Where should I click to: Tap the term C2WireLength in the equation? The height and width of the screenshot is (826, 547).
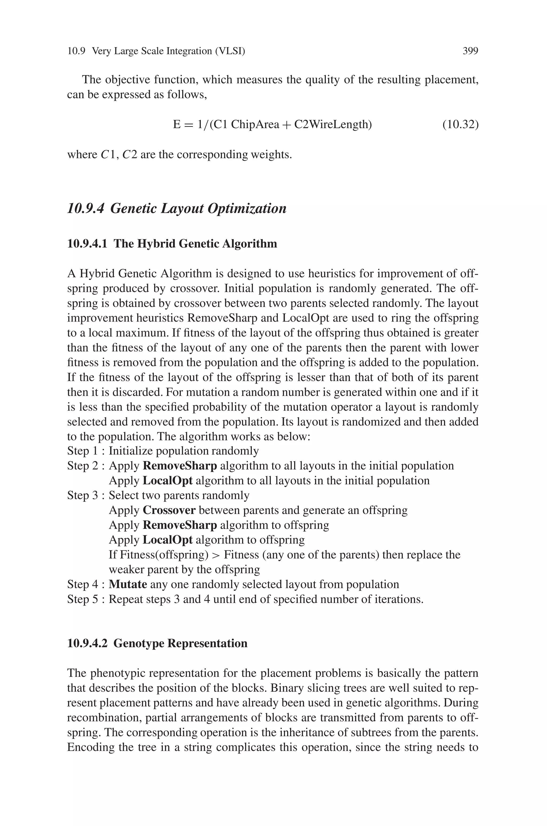tap(333, 124)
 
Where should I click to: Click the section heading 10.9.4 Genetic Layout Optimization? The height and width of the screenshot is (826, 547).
tap(177, 209)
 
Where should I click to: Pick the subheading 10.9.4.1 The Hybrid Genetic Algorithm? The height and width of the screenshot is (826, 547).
tap(172, 243)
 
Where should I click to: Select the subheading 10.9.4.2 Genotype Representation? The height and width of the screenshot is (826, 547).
tap(157, 643)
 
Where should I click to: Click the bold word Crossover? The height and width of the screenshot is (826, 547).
tap(169, 510)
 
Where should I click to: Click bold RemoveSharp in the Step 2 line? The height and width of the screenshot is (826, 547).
tap(180, 466)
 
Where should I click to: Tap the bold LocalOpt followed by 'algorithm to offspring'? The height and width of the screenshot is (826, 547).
tap(168, 540)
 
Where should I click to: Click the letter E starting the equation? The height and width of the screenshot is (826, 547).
tap(177, 124)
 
